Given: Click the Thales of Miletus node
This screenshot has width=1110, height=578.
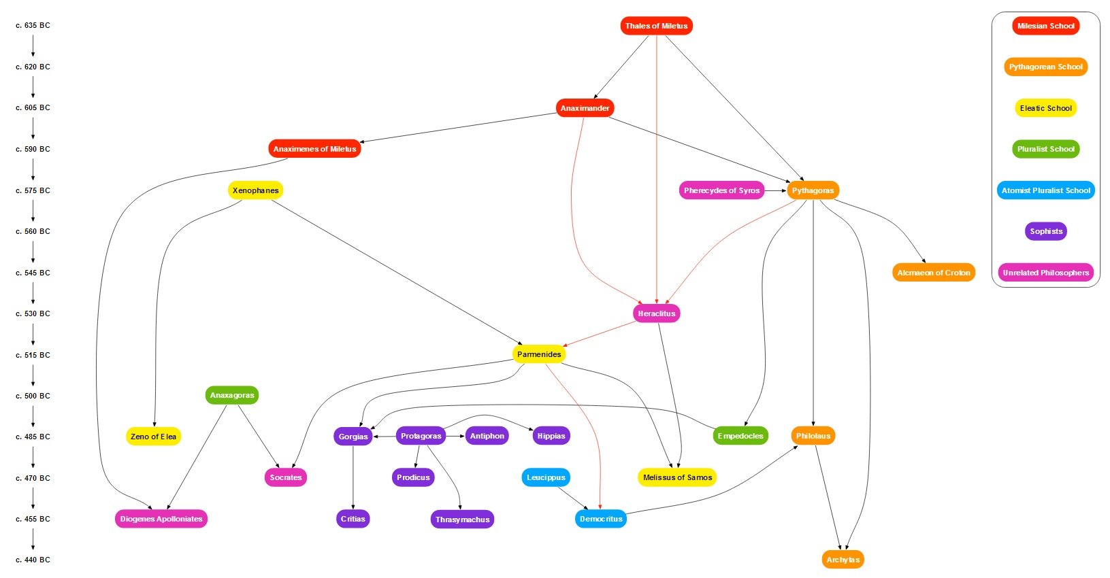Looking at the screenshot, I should [x=656, y=26].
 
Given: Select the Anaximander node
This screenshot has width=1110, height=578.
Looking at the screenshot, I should [x=585, y=108].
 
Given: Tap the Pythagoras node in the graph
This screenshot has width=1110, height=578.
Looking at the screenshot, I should [x=813, y=190].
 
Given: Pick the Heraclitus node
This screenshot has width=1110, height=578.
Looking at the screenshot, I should [x=656, y=313].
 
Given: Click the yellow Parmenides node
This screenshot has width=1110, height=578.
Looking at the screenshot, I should [x=539, y=354].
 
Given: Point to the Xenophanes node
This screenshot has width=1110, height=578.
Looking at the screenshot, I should [x=255, y=190].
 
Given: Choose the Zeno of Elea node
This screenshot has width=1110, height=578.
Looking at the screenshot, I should [x=153, y=437].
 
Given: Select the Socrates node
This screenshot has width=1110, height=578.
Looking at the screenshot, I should [x=285, y=477].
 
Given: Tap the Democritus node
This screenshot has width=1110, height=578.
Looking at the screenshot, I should [x=601, y=519].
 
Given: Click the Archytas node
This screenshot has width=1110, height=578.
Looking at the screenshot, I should [x=843, y=560].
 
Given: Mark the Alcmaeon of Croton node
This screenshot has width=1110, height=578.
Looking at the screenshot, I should [x=933, y=273].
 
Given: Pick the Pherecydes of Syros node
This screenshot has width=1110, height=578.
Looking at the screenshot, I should [x=721, y=190].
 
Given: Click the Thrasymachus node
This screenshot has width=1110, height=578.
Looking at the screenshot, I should [x=462, y=520].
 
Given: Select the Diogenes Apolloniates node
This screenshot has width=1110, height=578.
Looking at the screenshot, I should [x=161, y=519].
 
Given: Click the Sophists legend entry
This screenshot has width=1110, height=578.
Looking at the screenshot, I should [x=1045, y=231].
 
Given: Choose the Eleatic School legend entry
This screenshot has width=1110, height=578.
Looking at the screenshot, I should [x=1045, y=108].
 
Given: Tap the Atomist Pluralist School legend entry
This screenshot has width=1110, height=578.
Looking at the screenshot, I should [x=1045, y=190].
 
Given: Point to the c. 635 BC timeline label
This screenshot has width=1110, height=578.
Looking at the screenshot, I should [x=33, y=26].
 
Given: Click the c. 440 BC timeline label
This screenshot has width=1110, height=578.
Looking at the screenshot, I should [x=33, y=560].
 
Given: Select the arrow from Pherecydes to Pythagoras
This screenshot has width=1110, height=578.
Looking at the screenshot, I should [x=775, y=190].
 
